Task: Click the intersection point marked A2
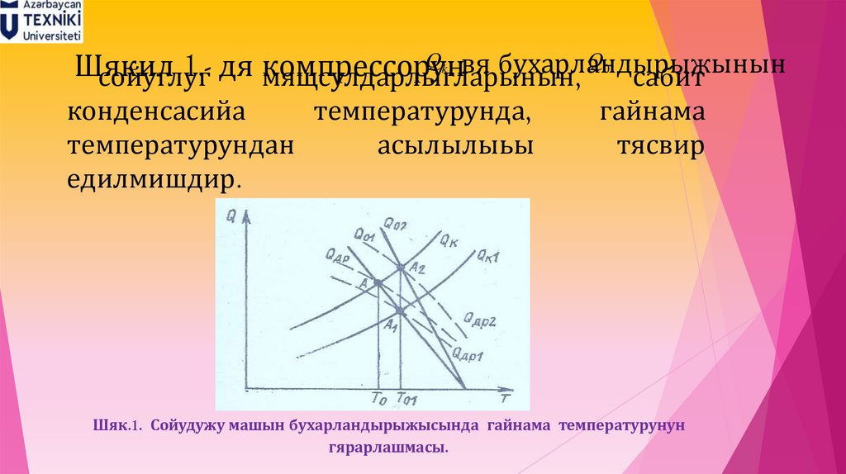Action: click(401, 268)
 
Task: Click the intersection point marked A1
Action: click(400, 311)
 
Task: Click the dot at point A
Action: click(378, 282)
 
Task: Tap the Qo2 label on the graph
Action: click(396, 221)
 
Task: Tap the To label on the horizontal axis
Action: click(379, 401)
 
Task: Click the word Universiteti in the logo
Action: click(52, 36)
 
